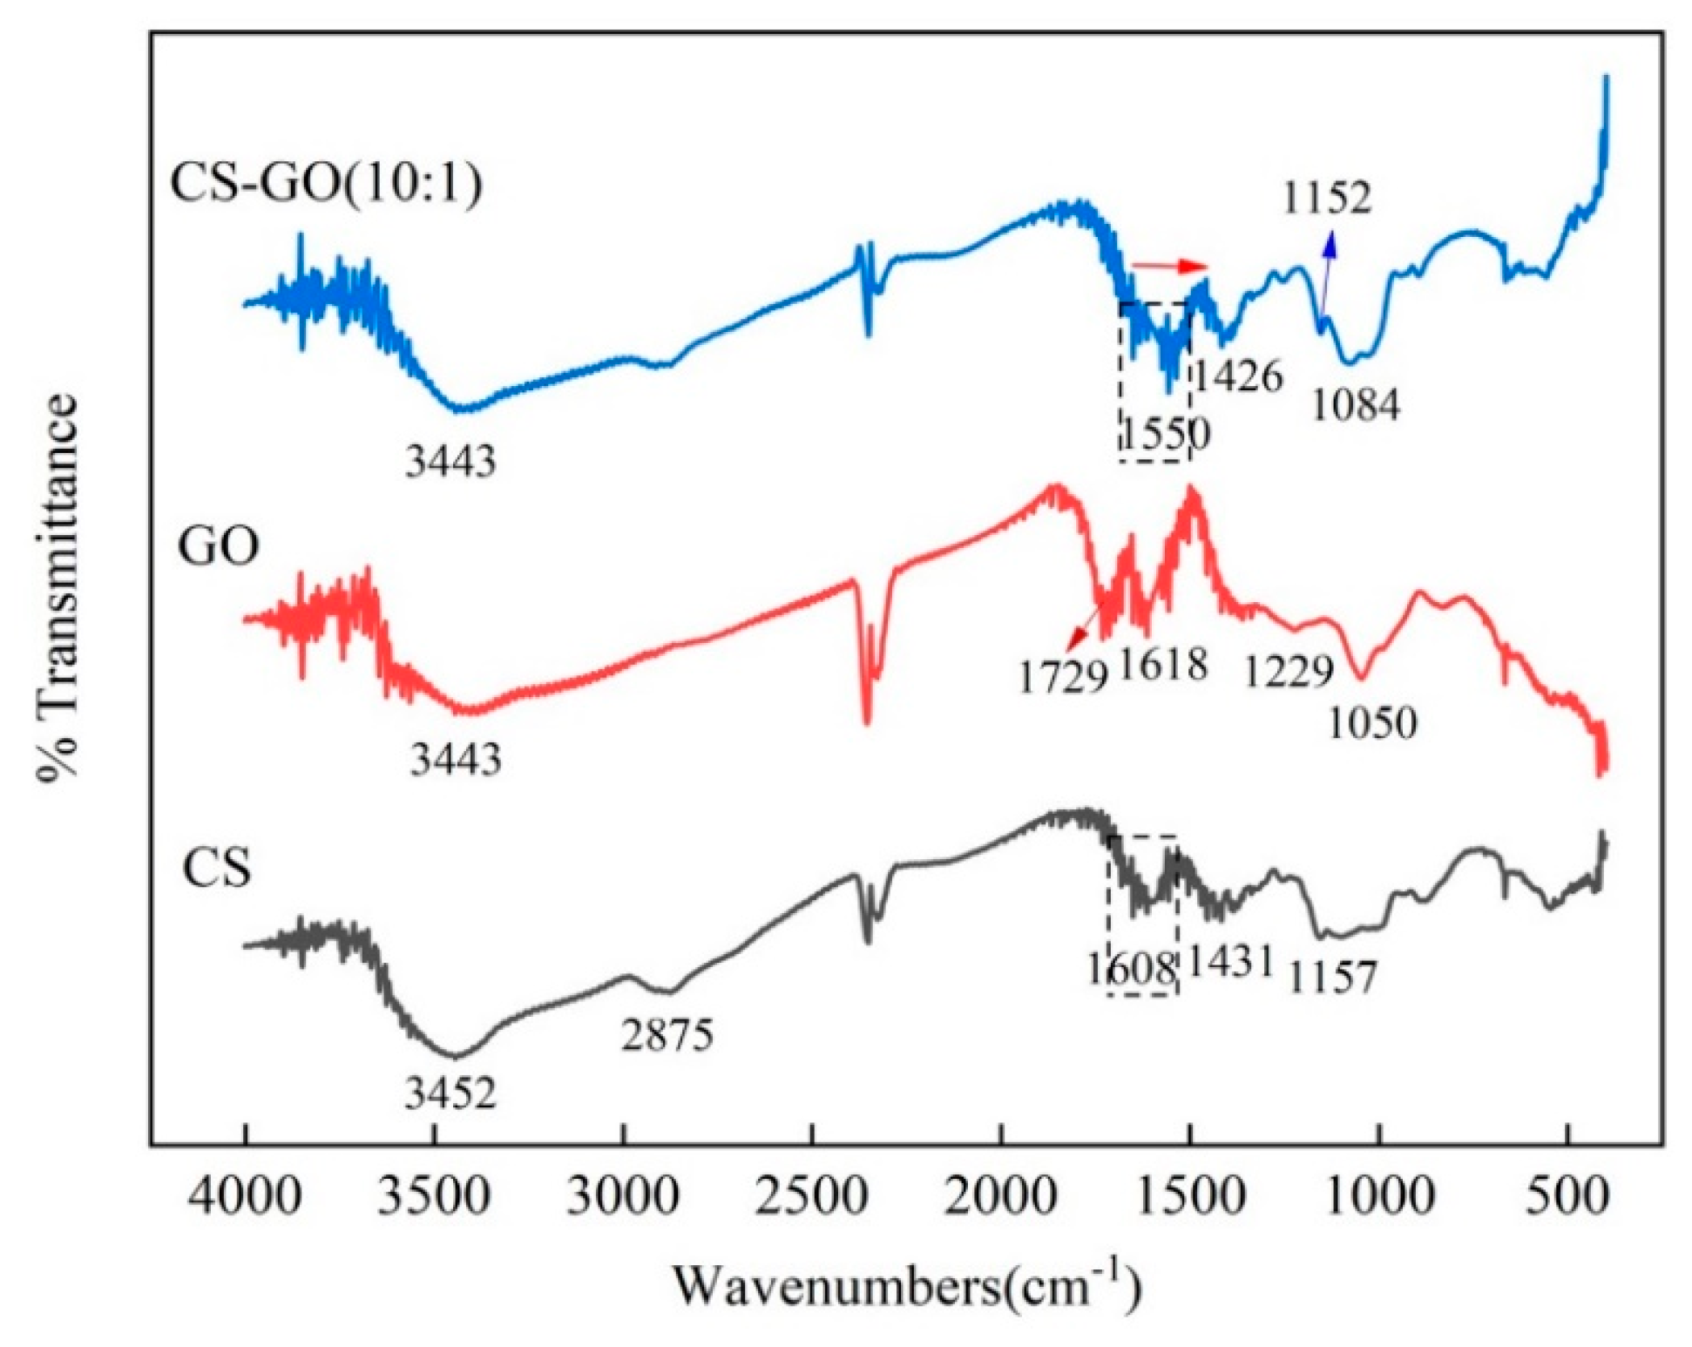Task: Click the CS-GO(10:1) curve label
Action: pyautogui.click(x=326, y=184)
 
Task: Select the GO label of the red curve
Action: pyautogui.click(x=218, y=547)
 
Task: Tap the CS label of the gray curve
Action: pyautogui.click(x=217, y=869)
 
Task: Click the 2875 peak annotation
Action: pyautogui.click(x=667, y=1035)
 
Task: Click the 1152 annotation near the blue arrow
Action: pyautogui.click(x=1327, y=198)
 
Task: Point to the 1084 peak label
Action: pyautogui.click(x=1356, y=405)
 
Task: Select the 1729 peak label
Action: pyautogui.click(x=1062, y=677)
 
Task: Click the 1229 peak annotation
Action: pyautogui.click(x=1289, y=672)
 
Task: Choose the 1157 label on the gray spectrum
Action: pyautogui.click(x=1332, y=978)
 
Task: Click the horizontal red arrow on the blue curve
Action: pyautogui.click(x=1170, y=266)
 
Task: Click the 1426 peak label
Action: pyautogui.click(x=1238, y=376)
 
